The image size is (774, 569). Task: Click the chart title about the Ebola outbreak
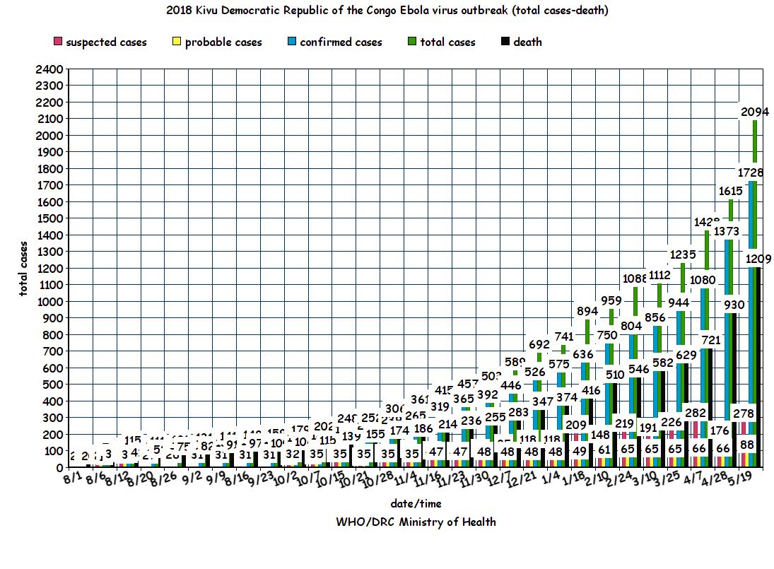(x=387, y=11)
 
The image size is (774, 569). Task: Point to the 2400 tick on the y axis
(x=54, y=69)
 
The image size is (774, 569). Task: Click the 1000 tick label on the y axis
(x=54, y=301)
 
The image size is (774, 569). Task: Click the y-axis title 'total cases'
(x=24, y=268)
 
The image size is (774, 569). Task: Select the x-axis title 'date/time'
(x=416, y=503)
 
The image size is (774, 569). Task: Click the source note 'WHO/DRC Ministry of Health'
(x=416, y=522)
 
